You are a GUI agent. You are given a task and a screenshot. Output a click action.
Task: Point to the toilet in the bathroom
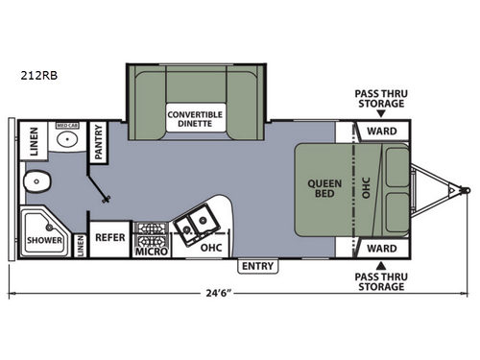pos(39,180)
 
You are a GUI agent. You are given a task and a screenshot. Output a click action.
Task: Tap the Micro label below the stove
pos(152,252)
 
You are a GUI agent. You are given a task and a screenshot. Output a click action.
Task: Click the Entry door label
pos(257,266)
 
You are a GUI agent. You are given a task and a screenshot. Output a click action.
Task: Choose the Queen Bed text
pos(320,189)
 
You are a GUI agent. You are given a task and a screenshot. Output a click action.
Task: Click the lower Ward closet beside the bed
pos(382,248)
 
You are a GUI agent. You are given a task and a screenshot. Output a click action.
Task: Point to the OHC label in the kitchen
pos(212,248)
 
